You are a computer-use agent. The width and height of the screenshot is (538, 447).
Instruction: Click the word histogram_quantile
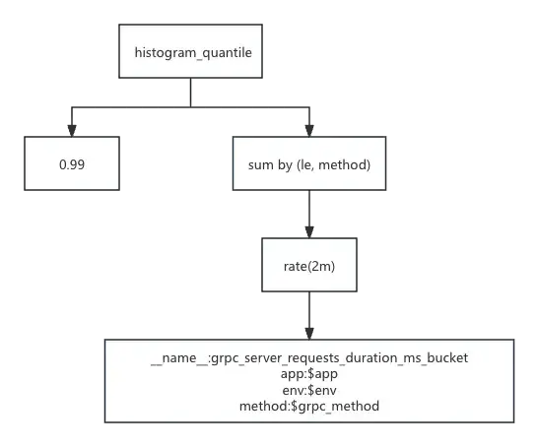[193, 53]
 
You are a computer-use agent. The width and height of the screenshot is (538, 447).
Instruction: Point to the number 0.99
[72, 164]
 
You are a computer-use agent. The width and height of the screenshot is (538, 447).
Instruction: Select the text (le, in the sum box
[304, 164]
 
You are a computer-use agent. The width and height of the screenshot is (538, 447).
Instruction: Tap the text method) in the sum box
[345, 164]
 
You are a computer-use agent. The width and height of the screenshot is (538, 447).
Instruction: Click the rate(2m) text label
[309, 267]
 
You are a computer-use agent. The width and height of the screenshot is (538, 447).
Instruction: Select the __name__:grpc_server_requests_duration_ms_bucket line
[309, 357]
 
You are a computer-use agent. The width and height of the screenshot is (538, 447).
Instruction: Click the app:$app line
[309, 374]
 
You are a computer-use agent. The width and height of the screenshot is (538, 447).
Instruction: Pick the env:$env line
[309, 390]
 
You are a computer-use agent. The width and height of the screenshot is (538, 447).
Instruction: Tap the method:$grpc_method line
[309, 407]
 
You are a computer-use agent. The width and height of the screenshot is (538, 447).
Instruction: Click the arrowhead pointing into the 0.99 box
[72, 131]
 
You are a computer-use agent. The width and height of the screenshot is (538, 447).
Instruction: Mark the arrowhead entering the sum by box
[309, 131]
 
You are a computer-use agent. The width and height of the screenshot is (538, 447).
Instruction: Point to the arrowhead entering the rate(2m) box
[309, 232]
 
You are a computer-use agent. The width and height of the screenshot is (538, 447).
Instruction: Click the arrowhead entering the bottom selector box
[309, 334]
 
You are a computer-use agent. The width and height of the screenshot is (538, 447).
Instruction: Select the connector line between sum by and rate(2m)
[309, 214]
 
